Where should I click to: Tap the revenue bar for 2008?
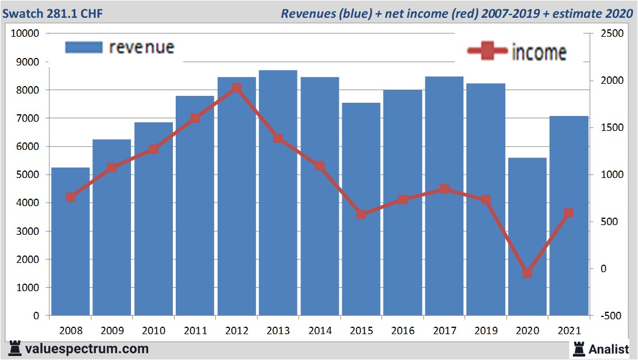click(71, 241)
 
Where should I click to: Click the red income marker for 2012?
click(237, 88)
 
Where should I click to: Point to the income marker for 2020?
click(527, 273)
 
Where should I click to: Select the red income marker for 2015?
click(361, 214)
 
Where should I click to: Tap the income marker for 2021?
click(569, 213)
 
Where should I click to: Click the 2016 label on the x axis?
click(403, 331)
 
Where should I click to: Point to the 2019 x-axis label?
click(486, 331)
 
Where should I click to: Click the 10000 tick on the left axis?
click(25, 34)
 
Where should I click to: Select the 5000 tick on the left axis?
click(27, 175)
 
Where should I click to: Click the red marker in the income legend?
click(488, 52)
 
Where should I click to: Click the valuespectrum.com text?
click(87, 349)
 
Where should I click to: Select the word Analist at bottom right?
click(609, 349)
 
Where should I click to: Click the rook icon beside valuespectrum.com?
click(15, 348)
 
